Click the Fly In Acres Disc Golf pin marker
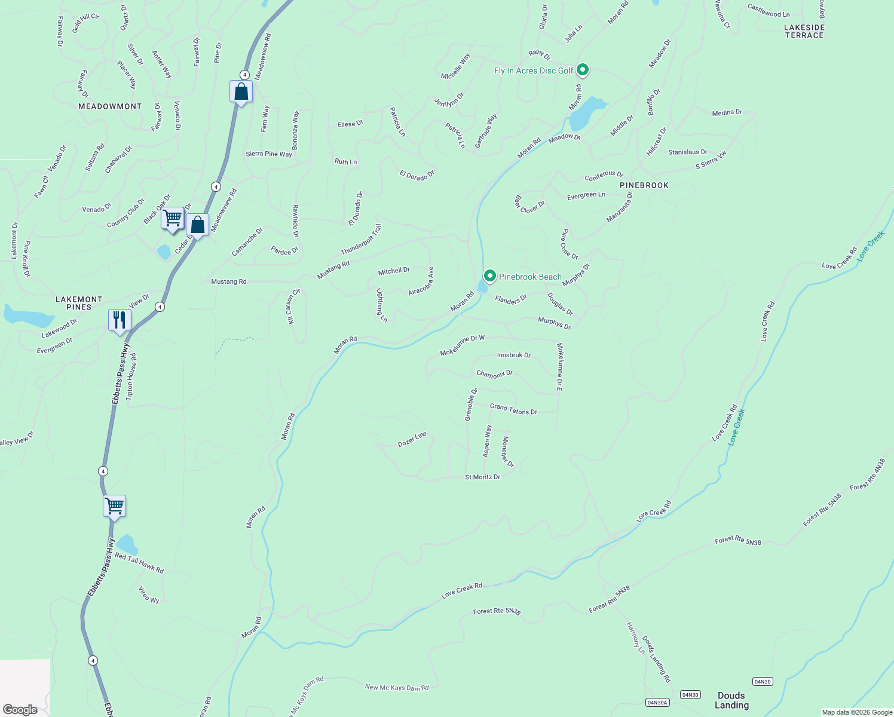pos(583,70)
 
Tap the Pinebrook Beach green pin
pos(490,276)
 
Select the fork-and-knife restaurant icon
pos(120,320)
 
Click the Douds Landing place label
pos(731,700)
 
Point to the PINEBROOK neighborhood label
pos(644,185)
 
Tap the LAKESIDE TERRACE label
pos(804,32)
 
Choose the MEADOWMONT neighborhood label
pos(110,106)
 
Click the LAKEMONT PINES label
pos(79,303)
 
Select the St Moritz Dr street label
pos(482,477)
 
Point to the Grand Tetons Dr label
pos(513,409)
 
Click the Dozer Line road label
pos(412,439)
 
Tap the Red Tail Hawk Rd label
pos(139,563)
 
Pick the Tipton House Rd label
pos(131,376)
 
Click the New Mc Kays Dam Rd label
pos(397,688)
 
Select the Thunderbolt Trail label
pos(361,240)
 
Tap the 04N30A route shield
pos(657,702)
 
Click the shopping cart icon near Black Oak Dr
pos(172,218)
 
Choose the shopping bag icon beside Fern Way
pos(241,92)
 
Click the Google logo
pos(20,709)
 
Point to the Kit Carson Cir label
pos(293,307)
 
